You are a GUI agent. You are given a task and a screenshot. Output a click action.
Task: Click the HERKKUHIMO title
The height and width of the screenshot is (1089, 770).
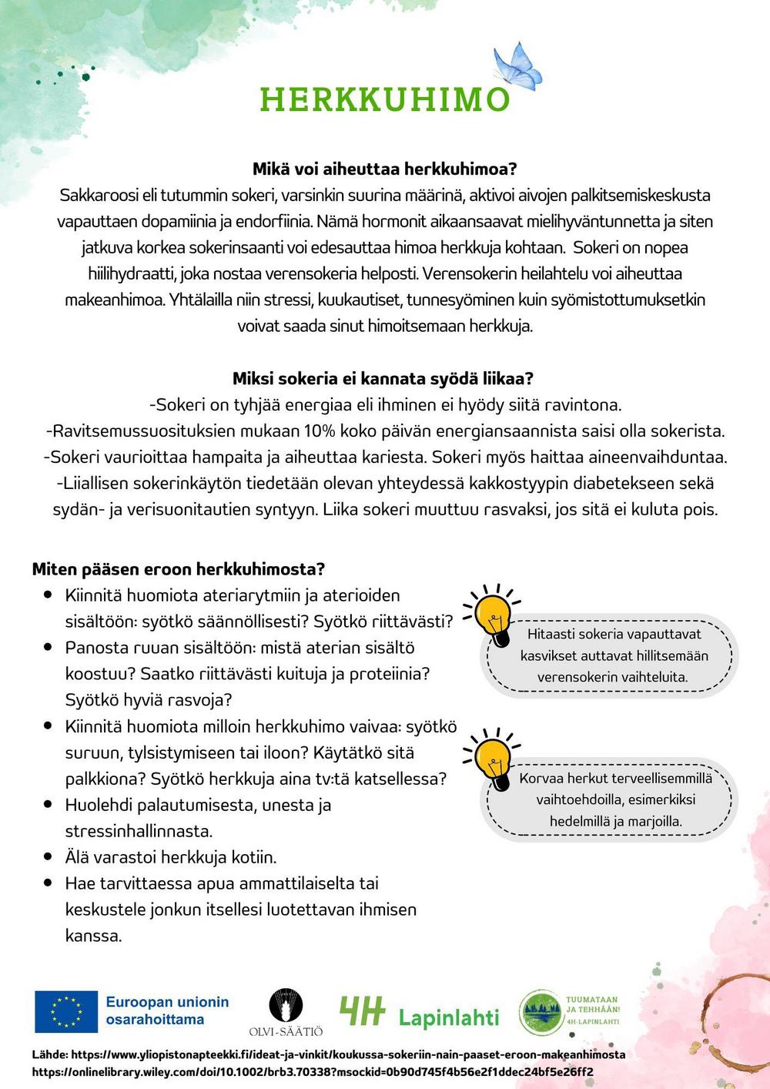click(x=384, y=99)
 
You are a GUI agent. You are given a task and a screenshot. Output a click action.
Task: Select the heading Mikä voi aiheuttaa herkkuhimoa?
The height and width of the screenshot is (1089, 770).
click(x=384, y=169)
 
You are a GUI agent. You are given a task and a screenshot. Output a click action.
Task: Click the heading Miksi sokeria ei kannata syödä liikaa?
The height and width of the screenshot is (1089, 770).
click(x=383, y=378)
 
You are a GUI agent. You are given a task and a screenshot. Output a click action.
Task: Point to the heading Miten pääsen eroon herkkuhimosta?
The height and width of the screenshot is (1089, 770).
click(x=178, y=569)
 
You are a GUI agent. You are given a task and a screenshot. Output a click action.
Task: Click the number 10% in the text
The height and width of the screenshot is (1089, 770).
click(x=319, y=431)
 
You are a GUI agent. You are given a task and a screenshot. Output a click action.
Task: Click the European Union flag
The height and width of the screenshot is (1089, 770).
click(x=66, y=1011)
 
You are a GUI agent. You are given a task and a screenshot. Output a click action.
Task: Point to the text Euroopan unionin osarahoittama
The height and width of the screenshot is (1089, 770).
click(x=167, y=1010)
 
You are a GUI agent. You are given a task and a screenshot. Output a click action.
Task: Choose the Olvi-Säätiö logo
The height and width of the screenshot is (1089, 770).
click(x=286, y=1012)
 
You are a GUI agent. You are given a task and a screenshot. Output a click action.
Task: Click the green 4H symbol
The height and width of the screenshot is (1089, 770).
click(x=362, y=1011)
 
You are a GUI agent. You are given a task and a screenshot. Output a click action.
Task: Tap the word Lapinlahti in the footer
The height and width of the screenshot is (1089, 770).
click(x=448, y=1017)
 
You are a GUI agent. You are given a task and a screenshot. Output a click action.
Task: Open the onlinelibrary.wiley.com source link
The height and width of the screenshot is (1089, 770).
click(x=313, y=1071)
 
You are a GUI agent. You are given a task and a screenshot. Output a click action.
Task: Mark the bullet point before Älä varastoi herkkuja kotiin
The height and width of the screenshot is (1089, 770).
click(x=48, y=857)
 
